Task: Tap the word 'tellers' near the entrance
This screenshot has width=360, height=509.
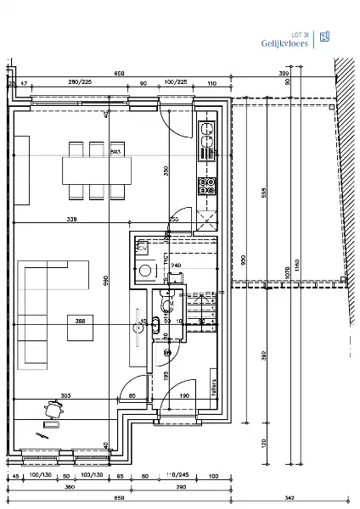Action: pyautogui.click(x=214, y=386)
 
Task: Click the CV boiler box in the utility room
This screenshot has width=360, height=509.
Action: pyautogui.click(x=143, y=249)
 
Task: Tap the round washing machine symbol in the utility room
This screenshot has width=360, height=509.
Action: pyautogui.click(x=146, y=272)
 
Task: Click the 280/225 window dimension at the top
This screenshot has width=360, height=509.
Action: pyautogui.click(x=80, y=82)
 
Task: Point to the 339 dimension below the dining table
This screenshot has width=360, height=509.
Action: pyautogui.click(x=70, y=220)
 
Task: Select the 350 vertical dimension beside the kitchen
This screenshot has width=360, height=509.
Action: pyautogui.click(x=166, y=170)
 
